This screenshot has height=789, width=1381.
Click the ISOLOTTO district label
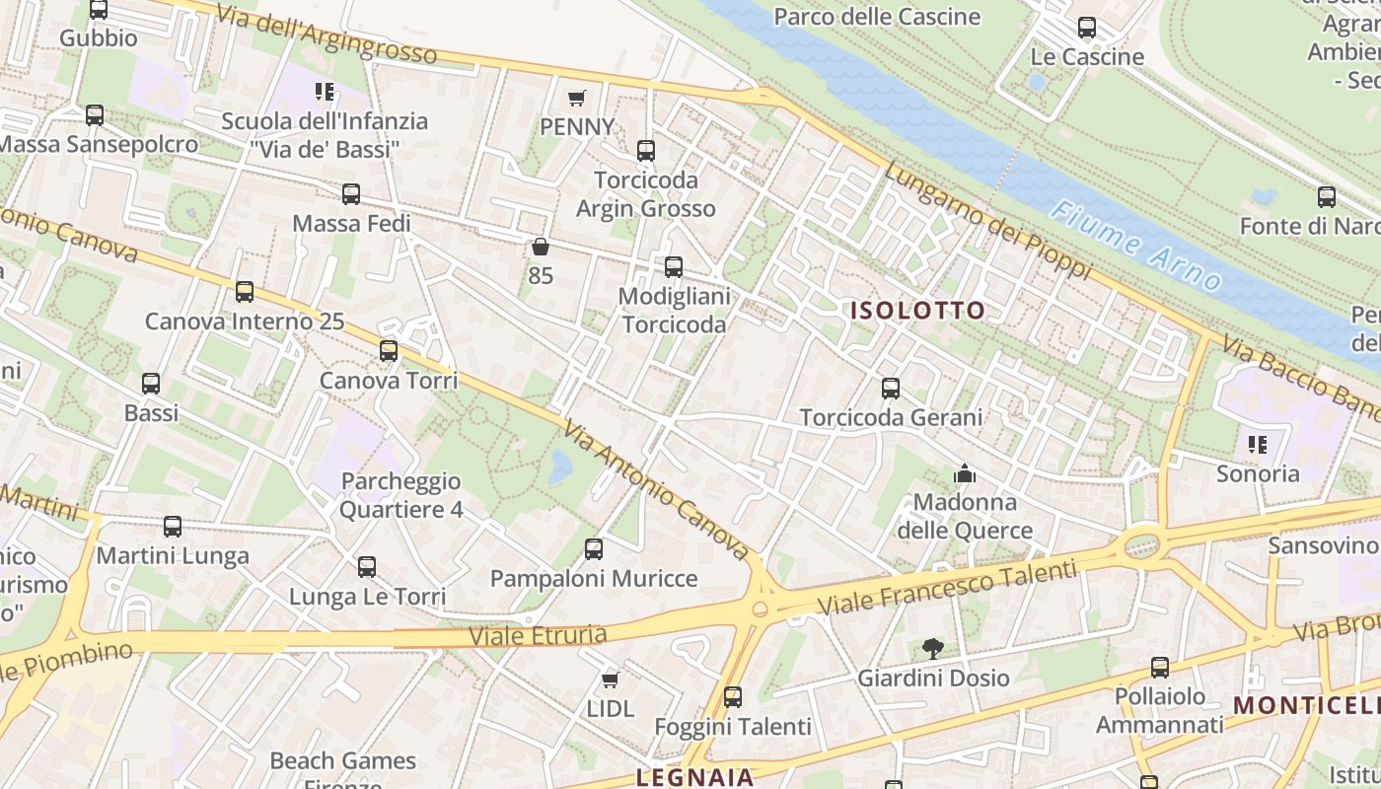coord(917,311)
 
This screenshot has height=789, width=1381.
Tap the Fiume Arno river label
coord(1138,246)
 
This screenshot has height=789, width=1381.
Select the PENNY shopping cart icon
coord(577,98)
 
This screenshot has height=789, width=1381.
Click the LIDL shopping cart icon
coord(611,680)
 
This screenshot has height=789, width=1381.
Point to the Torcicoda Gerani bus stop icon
coord(891,389)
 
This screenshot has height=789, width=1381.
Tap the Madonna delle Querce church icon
coord(965,474)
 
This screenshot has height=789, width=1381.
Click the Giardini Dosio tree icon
coord(932,649)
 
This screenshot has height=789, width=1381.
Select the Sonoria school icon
coord(1258,445)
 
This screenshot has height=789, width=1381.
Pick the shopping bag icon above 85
coord(540,247)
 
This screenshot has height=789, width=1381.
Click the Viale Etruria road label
coord(538,634)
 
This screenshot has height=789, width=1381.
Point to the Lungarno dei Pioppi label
coord(987,220)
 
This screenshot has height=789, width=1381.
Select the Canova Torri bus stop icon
coord(389,351)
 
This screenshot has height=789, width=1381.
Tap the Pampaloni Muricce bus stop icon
coord(594,549)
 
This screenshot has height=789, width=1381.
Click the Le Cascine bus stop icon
coord(1087,28)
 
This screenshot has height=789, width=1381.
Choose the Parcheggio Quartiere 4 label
coord(400,495)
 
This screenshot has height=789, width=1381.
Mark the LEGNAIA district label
coord(694,777)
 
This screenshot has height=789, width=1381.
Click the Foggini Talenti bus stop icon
coord(733,697)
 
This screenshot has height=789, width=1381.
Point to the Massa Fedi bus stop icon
coord(351,194)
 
